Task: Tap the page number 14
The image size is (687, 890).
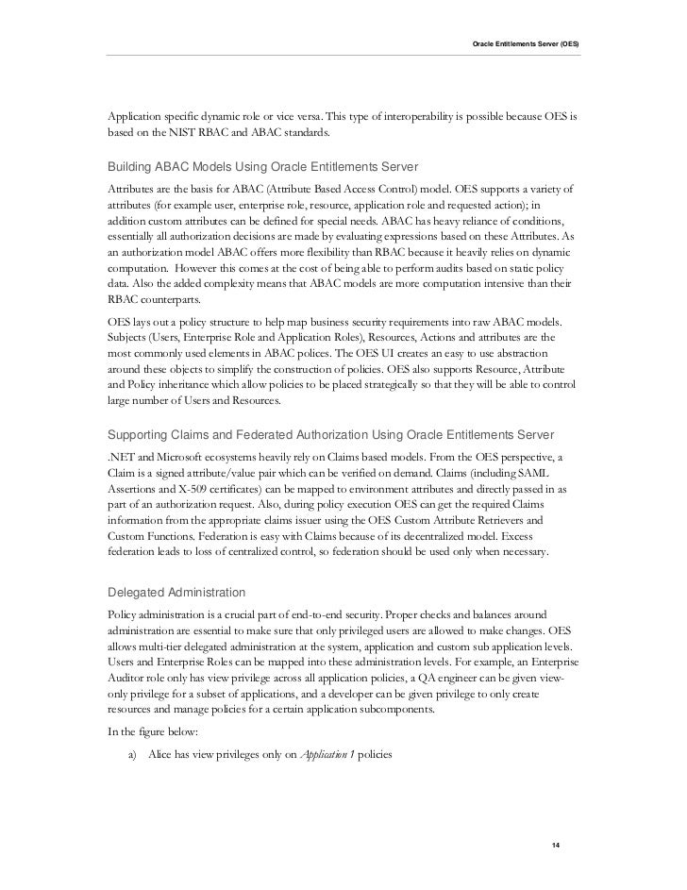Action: click(555, 844)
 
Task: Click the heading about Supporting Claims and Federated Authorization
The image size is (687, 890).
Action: click(331, 433)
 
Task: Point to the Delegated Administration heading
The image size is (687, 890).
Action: click(177, 592)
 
